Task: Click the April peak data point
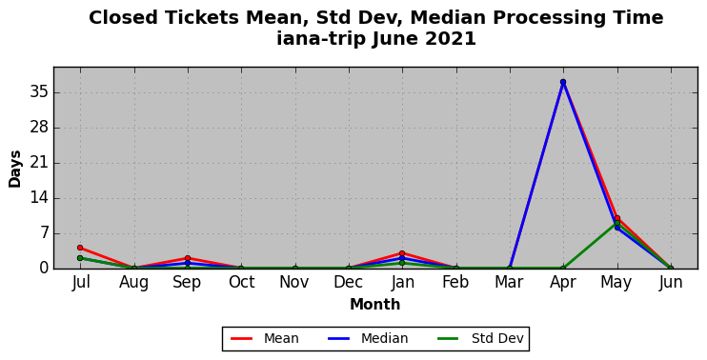563,82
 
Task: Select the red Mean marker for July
80,248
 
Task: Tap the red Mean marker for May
616,218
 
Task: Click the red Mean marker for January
402,253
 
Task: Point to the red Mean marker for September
188,258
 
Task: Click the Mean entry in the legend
265,338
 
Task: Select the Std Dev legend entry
480,338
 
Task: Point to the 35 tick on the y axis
38,92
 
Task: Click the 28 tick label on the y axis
38,128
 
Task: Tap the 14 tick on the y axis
38,198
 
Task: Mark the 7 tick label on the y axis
43,234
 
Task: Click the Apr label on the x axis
563,283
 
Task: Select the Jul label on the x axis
81,283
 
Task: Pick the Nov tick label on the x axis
294,283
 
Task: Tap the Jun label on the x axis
671,283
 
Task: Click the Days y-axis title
14,169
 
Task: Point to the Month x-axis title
375,305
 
